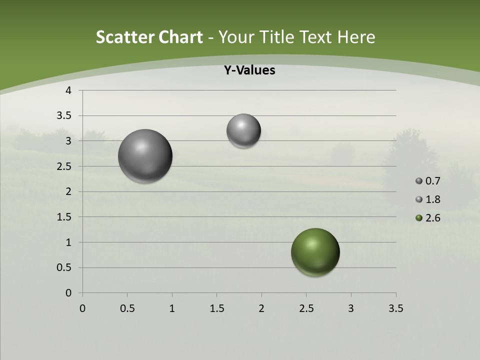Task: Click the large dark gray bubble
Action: (145, 156)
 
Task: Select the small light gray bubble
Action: (243, 130)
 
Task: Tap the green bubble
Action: (315, 252)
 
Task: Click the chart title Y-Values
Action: (249, 70)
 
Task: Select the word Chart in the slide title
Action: (180, 37)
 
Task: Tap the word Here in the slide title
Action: (356, 37)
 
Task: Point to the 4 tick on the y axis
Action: (69, 90)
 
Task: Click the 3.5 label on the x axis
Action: (395, 308)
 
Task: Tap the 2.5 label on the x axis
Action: (306, 308)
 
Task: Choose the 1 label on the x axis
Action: (172, 308)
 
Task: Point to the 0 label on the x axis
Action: (82, 308)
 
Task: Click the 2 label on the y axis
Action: (69, 191)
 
